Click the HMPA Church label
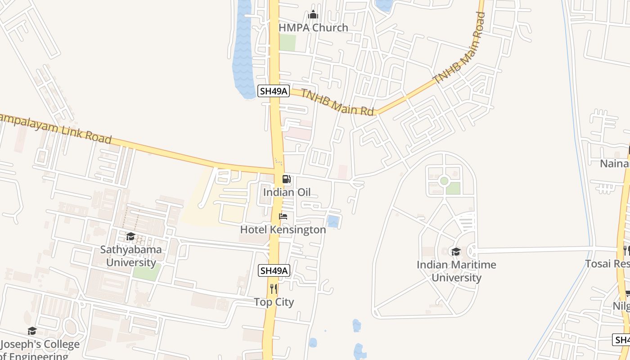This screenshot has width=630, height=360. coord(313,27)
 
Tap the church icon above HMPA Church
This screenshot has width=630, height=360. coord(313,14)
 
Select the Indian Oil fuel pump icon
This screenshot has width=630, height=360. coord(287,179)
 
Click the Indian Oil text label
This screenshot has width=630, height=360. coord(287,193)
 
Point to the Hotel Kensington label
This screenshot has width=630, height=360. coord(283,229)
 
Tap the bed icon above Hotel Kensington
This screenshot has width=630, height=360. coord(283,216)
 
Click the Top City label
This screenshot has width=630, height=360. coord(274,302)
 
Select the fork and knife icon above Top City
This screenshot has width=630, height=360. coord(274,288)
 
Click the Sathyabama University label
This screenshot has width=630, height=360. coord(131,256)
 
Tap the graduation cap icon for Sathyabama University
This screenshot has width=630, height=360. coord(130,236)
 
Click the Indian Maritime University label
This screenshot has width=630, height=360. coord(456,271)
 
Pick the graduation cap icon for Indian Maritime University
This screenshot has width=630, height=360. coord(456,252)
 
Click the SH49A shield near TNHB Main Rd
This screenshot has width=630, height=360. coord(273,91)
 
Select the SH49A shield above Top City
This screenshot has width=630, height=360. coord(274,270)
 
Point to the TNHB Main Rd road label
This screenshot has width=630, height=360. coord(337,102)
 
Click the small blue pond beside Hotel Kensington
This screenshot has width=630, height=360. coord(333,221)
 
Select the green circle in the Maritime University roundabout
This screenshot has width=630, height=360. coord(444,181)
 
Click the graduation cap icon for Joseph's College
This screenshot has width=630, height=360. coord(32,331)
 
